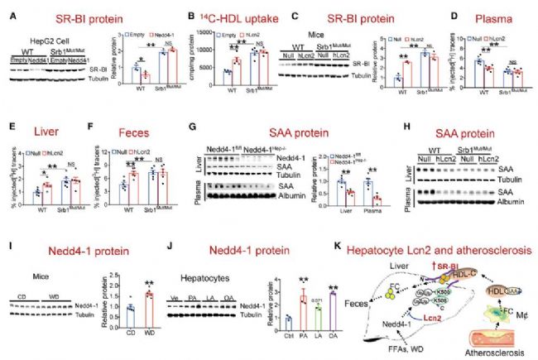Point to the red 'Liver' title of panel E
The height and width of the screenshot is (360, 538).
pyautogui.click(x=31, y=130)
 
